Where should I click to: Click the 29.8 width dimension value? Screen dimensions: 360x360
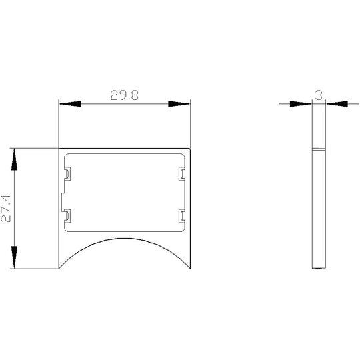(x=125, y=95)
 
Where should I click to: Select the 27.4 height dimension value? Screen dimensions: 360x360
(x=6, y=209)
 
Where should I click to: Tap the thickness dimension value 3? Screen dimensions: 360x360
(x=319, y=95)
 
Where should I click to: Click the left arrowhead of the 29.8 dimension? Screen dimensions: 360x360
(x=70, y=104)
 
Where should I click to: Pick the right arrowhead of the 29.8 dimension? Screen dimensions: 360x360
(x=179, y=104)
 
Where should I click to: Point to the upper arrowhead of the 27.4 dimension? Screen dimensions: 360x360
(x=14, y=159)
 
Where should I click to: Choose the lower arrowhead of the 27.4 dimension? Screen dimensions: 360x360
(x=14, y=257)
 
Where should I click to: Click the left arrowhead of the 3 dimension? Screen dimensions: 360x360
(x=301, y=104)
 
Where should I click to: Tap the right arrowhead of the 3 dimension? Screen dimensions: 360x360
(x=337, y=104)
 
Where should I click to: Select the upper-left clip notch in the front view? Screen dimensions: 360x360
(x=67, y=174)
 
